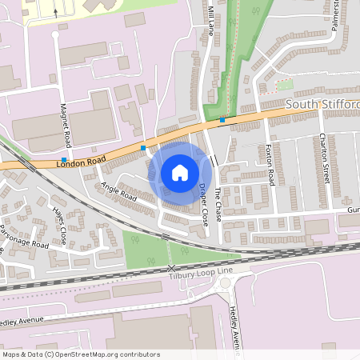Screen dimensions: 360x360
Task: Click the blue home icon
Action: (179, 172)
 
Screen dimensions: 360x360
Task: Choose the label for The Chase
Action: (218, 207)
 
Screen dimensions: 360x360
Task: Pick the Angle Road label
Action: (118, 193)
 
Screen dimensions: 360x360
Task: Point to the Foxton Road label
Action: (270, 166)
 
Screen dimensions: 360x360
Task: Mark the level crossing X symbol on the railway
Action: (170, 269)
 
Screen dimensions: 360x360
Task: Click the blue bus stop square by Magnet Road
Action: (63, 159)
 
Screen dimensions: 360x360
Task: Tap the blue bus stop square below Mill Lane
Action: (222, 121)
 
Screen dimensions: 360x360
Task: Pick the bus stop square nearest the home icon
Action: (143, 147)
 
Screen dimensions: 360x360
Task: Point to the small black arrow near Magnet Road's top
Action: (55, 12)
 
